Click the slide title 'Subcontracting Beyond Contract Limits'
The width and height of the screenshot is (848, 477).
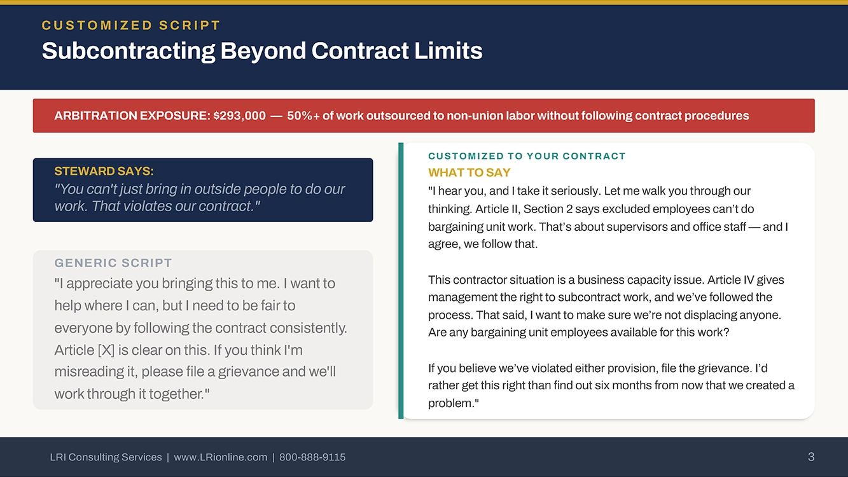262,51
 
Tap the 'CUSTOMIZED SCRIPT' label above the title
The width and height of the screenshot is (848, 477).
131,25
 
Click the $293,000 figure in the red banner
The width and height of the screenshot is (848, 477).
239,116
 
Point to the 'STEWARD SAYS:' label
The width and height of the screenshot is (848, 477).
104,171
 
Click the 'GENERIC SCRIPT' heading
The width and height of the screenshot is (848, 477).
113,263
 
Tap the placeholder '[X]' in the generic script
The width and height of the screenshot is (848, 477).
106,350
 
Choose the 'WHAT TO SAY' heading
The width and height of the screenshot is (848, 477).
469,172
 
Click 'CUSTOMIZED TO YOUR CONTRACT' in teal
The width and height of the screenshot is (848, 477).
527,156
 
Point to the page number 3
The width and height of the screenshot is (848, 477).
811,457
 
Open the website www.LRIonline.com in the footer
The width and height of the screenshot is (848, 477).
220,457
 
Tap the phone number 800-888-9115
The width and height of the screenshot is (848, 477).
312,457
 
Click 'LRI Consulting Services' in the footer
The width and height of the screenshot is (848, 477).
106,457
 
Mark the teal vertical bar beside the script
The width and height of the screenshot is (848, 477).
401,281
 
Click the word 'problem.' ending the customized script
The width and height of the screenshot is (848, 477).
453,403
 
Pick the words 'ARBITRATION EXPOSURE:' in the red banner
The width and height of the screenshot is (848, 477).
132,116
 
